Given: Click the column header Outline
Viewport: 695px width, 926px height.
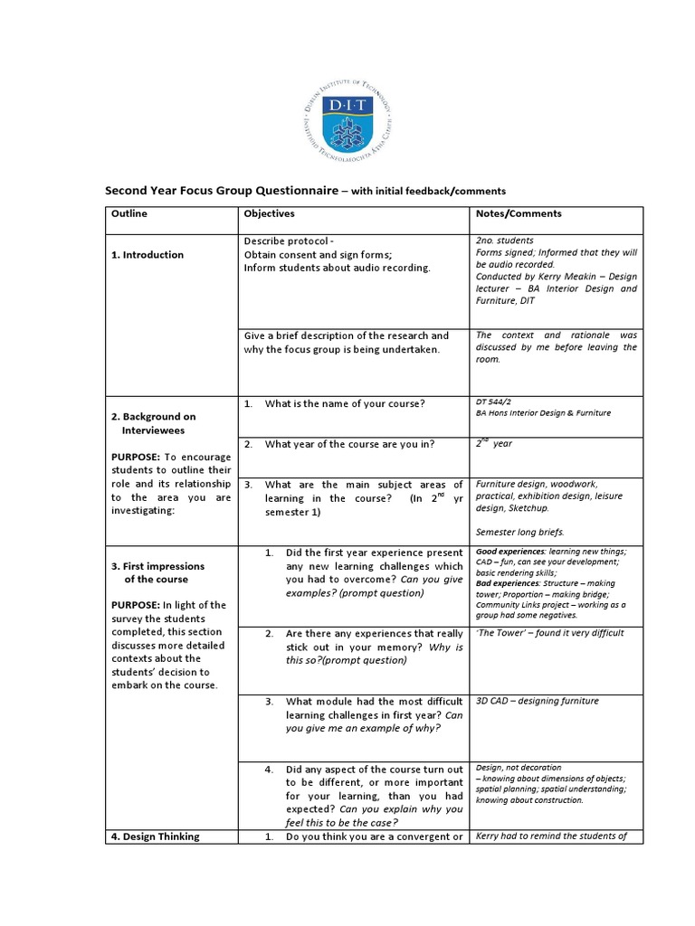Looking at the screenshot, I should pyautogui.click(x=129, y=214).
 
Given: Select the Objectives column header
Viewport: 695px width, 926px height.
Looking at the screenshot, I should pyautogui.click(x=269, y=214).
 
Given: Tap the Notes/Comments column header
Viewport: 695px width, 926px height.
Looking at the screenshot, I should pyautogui.click(x=518, y=214).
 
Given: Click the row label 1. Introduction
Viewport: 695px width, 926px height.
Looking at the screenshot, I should pyautogui.click(x=148, y=255).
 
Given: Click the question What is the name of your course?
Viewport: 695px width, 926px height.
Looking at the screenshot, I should pyautogui.click(x=345, y=403).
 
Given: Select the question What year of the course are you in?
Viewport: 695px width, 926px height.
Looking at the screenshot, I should pyautogui.click(x=349, y=444).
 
